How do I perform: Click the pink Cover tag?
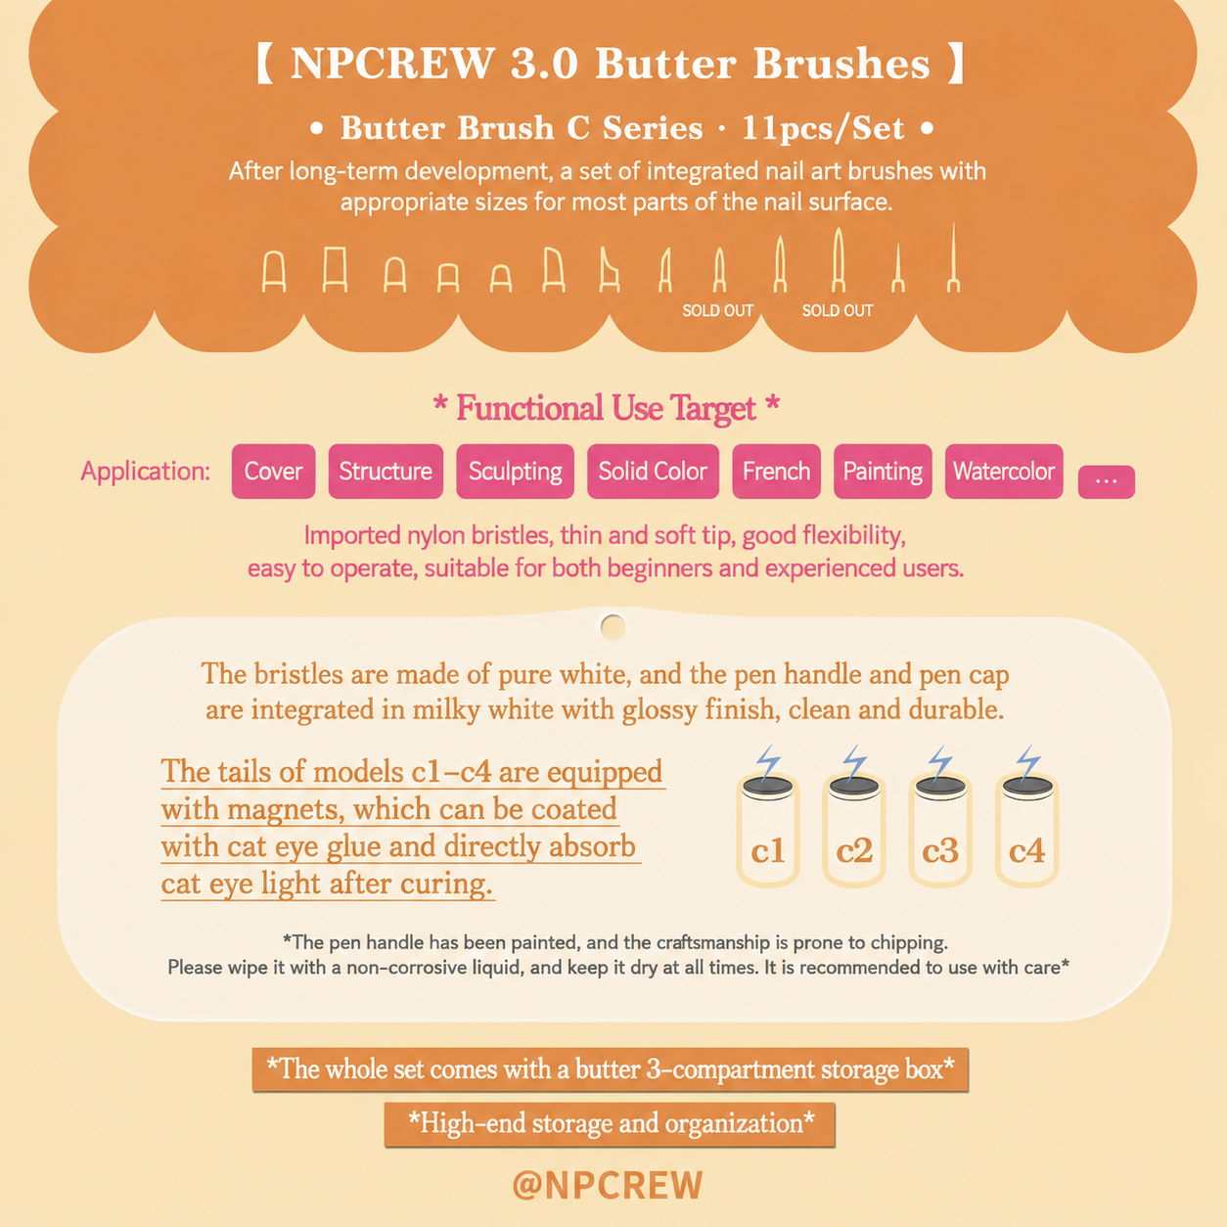coord(273,472)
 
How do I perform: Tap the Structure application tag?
coord(386,472)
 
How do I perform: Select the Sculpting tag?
coord(515,472)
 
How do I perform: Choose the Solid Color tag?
coord(653,472)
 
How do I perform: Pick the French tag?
coord(776,472)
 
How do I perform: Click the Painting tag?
coord(883,472)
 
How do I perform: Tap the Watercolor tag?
coord(1004,472)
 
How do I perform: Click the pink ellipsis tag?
coord(1107,482)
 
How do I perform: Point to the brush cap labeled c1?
coord(768,831)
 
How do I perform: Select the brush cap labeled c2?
coord(854,831)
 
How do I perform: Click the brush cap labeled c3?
coord(940,831)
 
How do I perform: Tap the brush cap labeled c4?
coord(1026,831)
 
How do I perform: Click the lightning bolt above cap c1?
coord(768,762)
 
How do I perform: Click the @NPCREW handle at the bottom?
coord(608,1185)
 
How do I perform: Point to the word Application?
coord(145,472)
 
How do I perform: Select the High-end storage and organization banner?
coord(610,1124)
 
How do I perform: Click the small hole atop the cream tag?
coord(613,627)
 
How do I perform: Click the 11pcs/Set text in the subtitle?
coord(823,128)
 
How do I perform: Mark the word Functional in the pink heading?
coord(529,408)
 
